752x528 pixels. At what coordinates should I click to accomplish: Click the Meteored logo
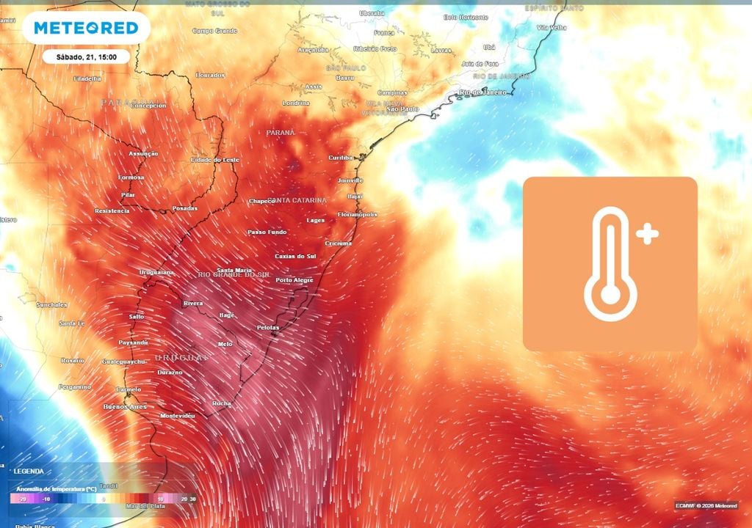(x=86, y=28)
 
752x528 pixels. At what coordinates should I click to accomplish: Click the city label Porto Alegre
(x=294, y=280)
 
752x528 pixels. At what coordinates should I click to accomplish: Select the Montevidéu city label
(x=178, y=415)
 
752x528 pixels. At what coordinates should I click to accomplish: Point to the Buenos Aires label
(x=125, y=406)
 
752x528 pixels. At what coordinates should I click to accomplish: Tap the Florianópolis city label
(x=358, y=214)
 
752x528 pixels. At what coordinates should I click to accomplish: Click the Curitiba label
(x=341, y=158)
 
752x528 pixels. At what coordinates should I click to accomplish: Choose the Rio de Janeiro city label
(x=484, y=92)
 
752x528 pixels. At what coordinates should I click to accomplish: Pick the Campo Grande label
(x=215, y=31)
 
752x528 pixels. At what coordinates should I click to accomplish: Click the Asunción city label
(x=143, y=154)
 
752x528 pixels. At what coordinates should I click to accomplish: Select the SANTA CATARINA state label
(x=297, y=200)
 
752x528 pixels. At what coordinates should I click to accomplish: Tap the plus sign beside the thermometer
(x=648, y=235)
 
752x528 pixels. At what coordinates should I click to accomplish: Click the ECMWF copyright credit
(x=705, y=505)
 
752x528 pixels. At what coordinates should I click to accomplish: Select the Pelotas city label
(x=268, y=327)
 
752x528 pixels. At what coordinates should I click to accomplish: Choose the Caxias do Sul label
(x=294, y=256)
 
